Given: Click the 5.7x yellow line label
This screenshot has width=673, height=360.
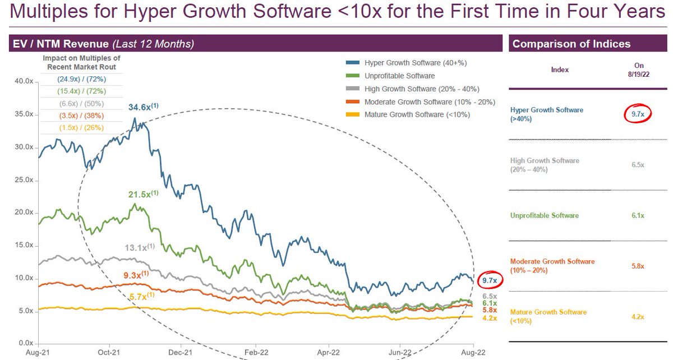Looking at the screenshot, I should pos(140,296).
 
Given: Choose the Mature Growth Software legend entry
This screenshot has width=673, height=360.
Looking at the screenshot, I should pos(417,114).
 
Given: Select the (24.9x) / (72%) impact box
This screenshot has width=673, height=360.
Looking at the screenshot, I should pos(81,80).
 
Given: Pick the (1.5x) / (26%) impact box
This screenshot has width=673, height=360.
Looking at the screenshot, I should pos(81,128).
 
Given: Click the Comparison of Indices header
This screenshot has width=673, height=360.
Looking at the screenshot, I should pos(571,44).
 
